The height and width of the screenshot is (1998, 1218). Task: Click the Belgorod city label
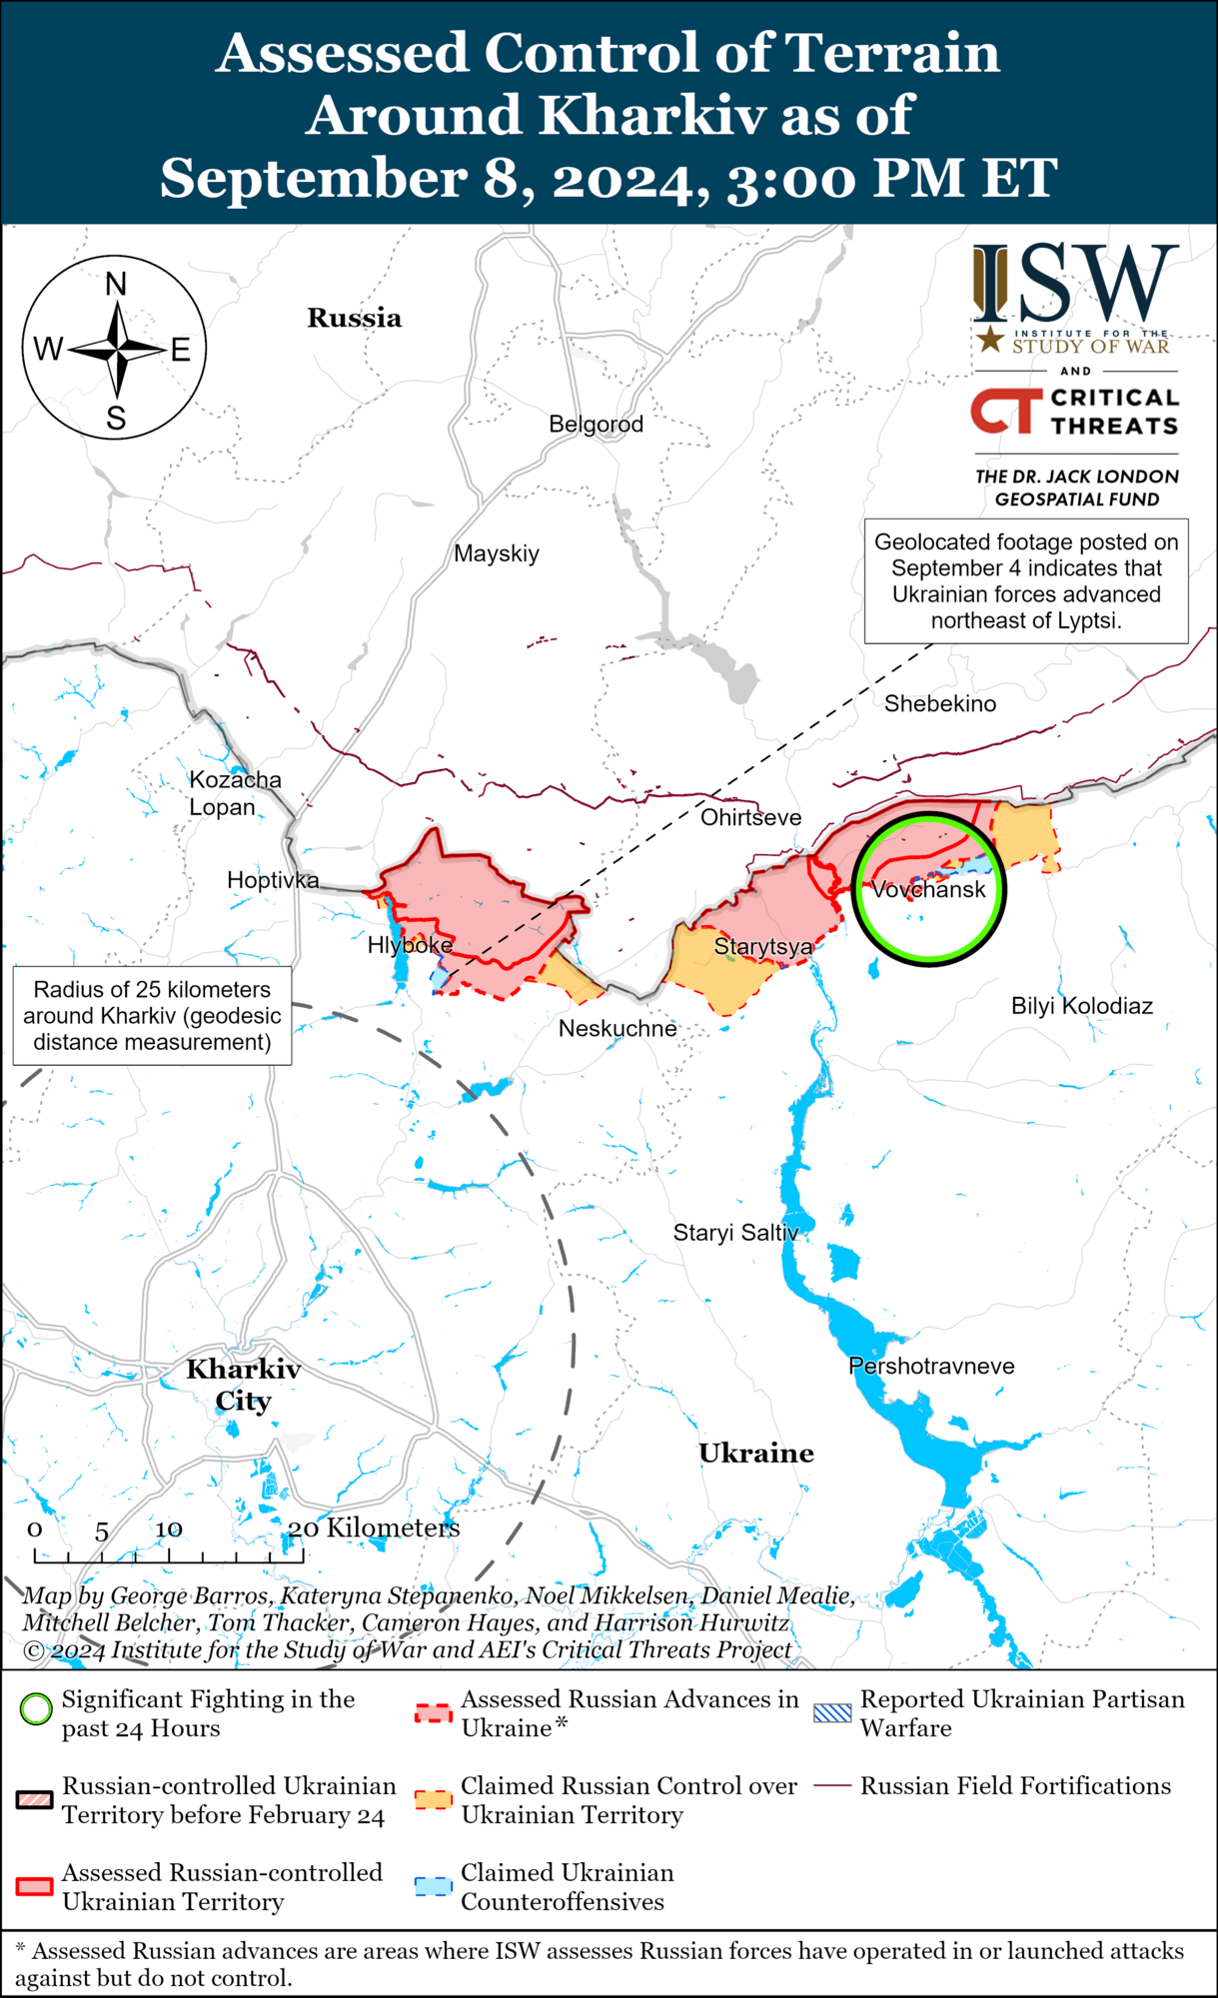(x=596, y=424)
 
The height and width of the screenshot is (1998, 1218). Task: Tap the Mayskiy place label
(x=497, y=553)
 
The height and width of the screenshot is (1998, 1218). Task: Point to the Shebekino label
(x=939, y=703)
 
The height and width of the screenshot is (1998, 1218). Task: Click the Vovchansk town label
(x=928, y=889)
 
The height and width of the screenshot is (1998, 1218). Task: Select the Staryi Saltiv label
(x=735, y=1233)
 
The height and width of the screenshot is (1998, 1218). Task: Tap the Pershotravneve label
(x=931, y=1366)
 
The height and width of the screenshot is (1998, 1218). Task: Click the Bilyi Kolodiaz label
(x=1081, y=1006)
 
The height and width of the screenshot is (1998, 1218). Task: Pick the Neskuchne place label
(x=617, y=1028)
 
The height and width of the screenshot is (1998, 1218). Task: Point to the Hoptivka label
(x=273, y=880)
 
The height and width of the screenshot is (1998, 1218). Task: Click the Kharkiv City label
(x=243, y=1385)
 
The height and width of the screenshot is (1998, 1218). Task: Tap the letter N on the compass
(x=116, y=285)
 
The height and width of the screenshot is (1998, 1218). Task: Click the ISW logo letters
(x=1076, y=283)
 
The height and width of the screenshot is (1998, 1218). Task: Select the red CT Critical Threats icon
(x=1005, y=412)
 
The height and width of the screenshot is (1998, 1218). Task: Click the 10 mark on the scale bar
(x=168, y=1529)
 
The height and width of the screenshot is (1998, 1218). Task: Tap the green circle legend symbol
(x=36, y=1709)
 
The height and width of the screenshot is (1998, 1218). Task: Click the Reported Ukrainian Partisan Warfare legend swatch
(x=832, y=1713)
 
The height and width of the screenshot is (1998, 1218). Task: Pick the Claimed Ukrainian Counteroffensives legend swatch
(x=434, y=1886)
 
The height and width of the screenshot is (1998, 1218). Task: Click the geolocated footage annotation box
(x=1026, y=580)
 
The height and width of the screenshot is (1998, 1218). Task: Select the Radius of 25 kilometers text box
(x=152, y=1015)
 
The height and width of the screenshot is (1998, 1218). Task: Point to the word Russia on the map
(x=354, y=318)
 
